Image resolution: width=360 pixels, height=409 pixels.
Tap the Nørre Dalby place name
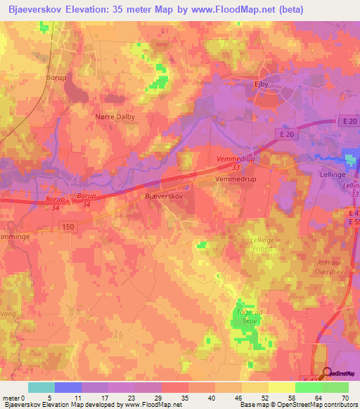pos(114,117)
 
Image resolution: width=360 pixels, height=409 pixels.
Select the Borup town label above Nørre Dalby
pos(56,78)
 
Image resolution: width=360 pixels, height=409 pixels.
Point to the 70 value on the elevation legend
pos(345,398)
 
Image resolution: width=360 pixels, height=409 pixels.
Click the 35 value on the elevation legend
pos(184,398)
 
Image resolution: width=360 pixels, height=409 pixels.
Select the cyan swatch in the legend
pos(41,387)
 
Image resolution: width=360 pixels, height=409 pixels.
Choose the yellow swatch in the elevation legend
pos(282,387)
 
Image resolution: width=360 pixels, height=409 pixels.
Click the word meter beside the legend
pos(11,398)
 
